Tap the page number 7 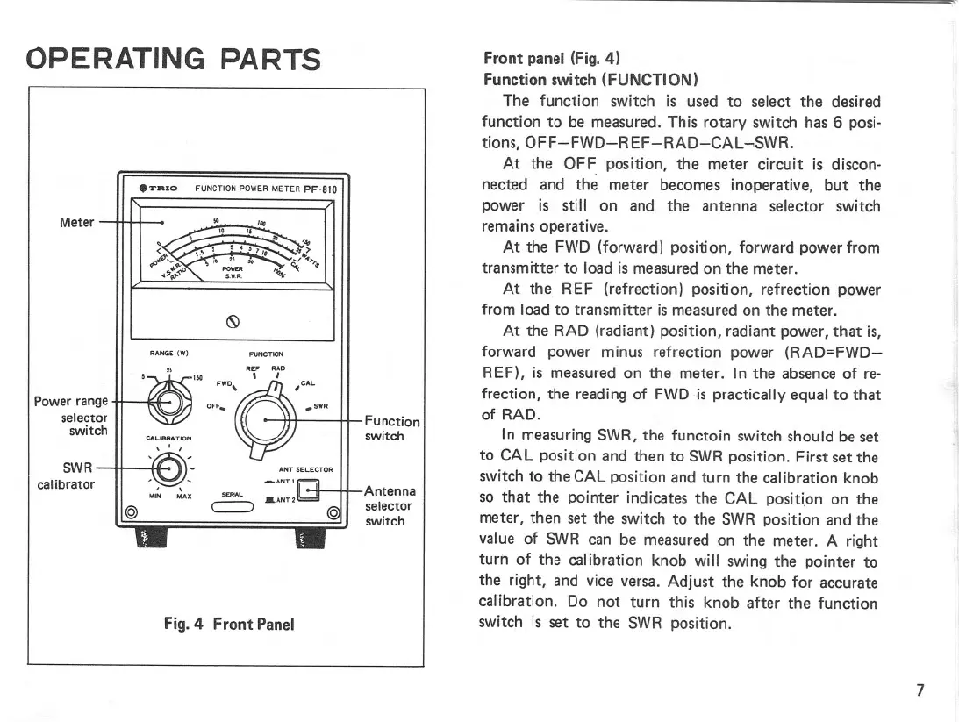click(920, 690)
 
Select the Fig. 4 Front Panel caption click(229, 624)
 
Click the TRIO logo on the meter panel click(159, 187)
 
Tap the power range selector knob click(168, 402)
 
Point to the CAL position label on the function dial click(306, 383)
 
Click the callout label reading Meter click(76, 221)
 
